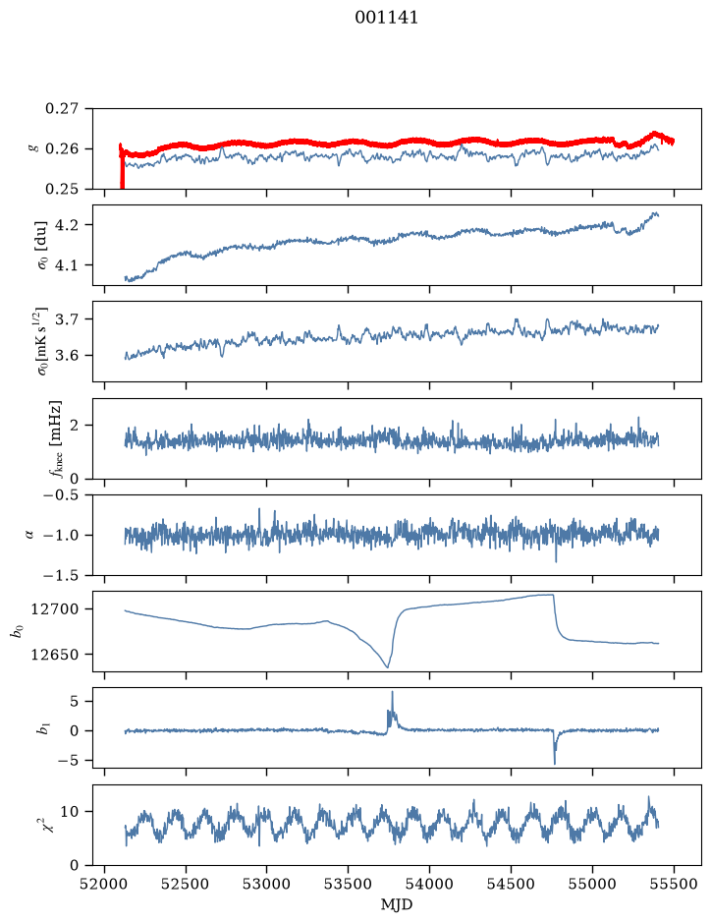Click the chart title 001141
[x=386, y=18]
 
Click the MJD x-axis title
[x=397, y=904]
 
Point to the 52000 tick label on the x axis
[x=105, y=885]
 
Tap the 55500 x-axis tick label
[x=674, y=885]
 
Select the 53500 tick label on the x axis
[x=349, y=885]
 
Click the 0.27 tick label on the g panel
[x=62, y=109]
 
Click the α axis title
[x=29, y=535]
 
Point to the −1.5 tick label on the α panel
[x=61, y=575]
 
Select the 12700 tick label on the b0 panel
[x=55, y=609]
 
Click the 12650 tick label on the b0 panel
[x=55, y=654]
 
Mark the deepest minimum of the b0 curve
[x=387, y=666]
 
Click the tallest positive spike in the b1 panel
[x=392, y=693]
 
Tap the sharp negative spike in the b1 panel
[x=555, y=763]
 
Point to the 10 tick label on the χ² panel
[x=70, y=812]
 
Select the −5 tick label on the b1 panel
[x=70, y=761]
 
